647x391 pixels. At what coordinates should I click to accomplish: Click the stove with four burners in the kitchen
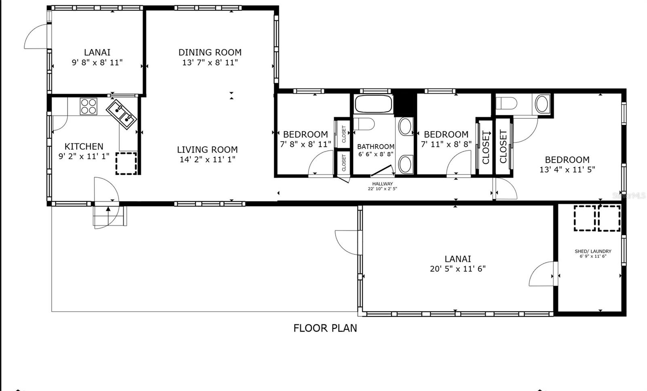tap(88, 106)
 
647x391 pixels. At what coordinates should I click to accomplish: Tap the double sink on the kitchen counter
tap(122, 114)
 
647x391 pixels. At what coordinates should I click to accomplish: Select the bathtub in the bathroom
tap(374, 104)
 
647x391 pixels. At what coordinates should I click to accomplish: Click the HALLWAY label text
tap(382, 184)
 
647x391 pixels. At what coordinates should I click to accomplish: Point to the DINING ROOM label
tap(210, 52)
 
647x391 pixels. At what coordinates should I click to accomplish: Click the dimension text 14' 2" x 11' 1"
tap(207, 160)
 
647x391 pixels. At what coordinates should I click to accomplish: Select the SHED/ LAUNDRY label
tap(593, 251)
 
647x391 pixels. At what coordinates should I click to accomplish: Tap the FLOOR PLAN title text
tap(325, 328)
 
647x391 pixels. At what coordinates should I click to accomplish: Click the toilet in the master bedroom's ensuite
tap(506, 104)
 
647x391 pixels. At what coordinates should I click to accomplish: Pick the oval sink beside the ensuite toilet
tap(542, 104)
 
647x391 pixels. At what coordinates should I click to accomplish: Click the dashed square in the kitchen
tap(126, 163)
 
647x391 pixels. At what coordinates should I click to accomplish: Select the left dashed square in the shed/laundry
tap(584, 218)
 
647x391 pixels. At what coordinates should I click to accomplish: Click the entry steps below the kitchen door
tap(108, 216)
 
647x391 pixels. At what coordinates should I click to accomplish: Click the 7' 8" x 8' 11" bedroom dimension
tap(305, 144)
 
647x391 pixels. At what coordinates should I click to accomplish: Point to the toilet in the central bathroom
tap(364, 124)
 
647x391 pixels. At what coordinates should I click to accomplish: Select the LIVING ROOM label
tap(207, 149)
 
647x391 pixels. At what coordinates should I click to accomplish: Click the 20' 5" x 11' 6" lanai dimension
tap(457, 269)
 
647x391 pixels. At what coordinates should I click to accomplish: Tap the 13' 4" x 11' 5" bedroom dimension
tap(567, 170)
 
